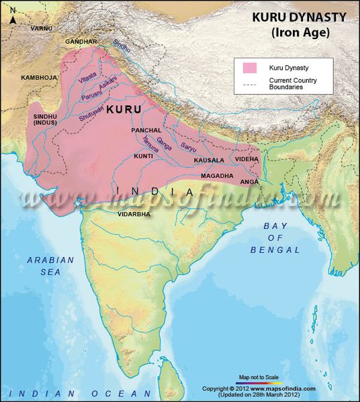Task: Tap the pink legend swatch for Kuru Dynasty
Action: coord(250,68)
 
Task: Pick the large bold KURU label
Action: coord(124,108)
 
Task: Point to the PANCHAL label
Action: coord(146,130)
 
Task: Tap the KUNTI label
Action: coord(144,156)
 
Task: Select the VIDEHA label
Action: coord(246,158)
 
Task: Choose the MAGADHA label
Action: coord(217,175)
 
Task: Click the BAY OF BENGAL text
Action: coord(281,238)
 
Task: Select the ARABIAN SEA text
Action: coord(44,266)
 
